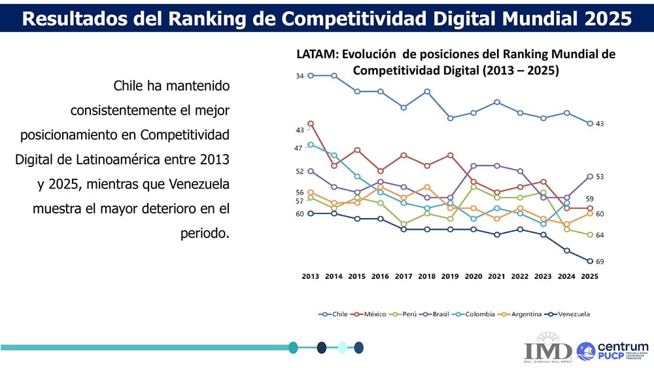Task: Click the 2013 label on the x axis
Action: (x=311, y=276)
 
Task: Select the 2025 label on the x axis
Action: (x=589, y=276)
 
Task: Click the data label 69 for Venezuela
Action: (x=600, y=262)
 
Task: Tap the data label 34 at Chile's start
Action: (x=300, y=77)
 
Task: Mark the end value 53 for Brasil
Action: (x=600, y=177)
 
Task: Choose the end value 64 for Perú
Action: (x=600, y=235)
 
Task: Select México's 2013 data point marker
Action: (x=311, y=123)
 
